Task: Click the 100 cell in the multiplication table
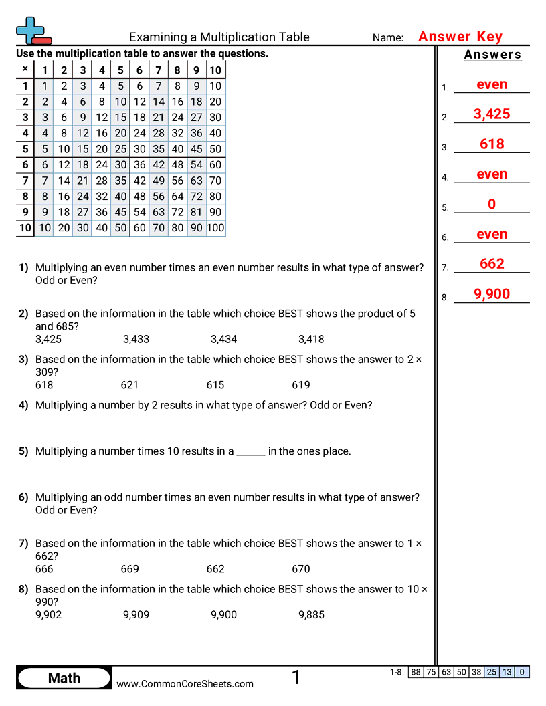tap(215, 228)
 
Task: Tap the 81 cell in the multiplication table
tap(196, 212)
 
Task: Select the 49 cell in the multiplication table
tap(159, 180)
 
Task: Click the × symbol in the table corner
tap(25, 69)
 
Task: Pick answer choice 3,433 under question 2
tap(136, 339)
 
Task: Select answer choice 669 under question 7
tap(130, 569)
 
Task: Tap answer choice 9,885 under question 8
tap(311, 614)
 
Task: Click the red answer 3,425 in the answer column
tap(492, 114)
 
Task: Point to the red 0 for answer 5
tap(492, 205)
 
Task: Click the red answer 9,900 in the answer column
tap(492, 294)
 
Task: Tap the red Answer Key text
tap(460, 37)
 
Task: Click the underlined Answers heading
tap(492, 55)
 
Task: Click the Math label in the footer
tap(64, 678)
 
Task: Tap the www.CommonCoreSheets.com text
tap(185, 684)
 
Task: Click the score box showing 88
tap(416, 672)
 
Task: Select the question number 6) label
tap(23, 497)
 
